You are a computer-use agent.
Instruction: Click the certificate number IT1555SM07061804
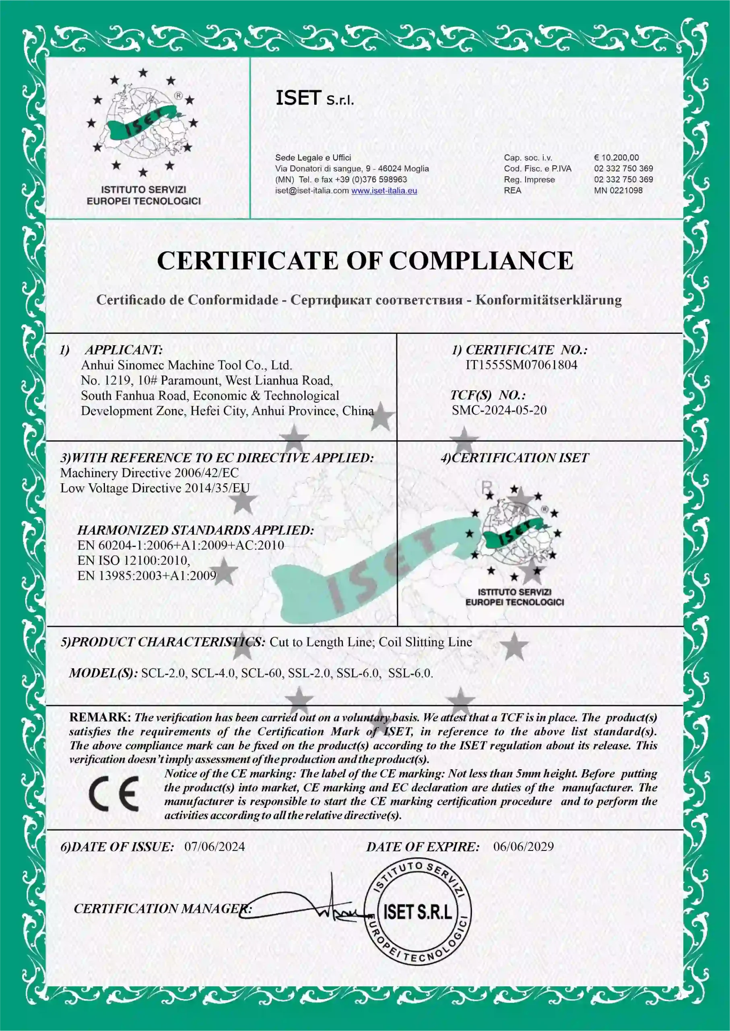click(521, 365)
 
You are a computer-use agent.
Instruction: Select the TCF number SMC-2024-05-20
click(499, 410)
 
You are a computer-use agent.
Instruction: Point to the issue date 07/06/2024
click(214, 847)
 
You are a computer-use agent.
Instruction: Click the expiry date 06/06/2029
click(523, 847)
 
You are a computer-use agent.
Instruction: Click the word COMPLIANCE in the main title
click(480, 261)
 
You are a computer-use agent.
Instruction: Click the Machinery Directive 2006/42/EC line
click(149, 473)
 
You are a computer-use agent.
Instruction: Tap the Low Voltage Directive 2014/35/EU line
click(155, 488)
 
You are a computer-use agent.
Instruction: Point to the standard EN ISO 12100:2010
click(134, 560)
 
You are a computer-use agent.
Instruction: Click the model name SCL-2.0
click(164, 673)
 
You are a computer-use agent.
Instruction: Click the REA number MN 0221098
click(618, 190)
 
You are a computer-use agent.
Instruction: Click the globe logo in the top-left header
click(142, 122)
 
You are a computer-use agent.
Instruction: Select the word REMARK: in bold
click(100, 717)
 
